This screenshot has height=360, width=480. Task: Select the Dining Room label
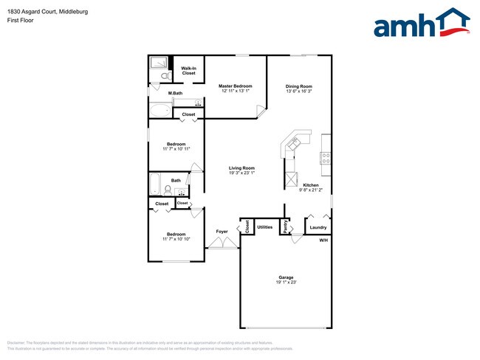point(299,86)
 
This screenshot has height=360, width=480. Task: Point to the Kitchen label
point(310,185)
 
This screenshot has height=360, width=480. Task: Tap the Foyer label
point(222,232)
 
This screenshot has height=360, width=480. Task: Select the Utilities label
point(265,227)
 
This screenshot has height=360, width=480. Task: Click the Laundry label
point(318,227)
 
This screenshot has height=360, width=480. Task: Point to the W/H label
point(323,241)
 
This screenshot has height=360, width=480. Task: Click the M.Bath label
point(175,93)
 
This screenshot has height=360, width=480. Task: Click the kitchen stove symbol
point(324,156)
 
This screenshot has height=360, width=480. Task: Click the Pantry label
point(286,228)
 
